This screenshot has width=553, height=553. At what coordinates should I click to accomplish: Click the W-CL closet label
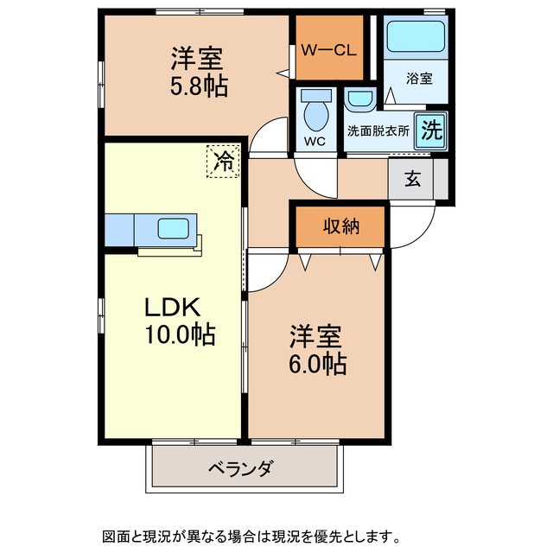328,50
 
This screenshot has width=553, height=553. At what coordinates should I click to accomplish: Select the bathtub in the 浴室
416,36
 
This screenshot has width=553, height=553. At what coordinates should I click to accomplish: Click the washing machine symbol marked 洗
431,130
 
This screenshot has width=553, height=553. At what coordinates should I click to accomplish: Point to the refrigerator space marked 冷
223,162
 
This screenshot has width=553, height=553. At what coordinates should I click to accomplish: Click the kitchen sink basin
173,228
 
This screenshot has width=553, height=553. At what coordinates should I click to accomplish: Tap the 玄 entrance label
412,179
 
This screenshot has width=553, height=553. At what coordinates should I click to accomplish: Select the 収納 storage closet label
341,226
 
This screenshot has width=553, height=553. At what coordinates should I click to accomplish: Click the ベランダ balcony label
240,468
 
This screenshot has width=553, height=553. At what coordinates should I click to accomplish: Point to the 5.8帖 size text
199,86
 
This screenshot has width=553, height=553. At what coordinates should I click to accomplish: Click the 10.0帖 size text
181,334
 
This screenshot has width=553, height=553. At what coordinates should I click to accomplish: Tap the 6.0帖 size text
317,364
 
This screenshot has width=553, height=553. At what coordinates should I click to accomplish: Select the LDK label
173,308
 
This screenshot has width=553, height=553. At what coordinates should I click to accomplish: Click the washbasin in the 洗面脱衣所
360,99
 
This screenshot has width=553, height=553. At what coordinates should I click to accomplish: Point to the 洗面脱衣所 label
378,130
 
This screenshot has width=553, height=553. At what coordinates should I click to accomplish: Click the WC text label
315,142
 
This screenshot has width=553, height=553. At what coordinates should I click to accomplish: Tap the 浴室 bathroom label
419,79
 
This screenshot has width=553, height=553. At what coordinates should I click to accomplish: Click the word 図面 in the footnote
116,536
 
